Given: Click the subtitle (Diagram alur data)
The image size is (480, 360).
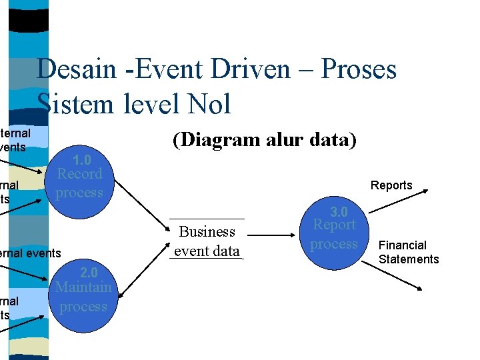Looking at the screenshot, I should (265, 140).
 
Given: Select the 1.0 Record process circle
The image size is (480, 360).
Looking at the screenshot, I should (79, 182).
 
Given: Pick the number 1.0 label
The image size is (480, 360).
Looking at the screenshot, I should (81, 160).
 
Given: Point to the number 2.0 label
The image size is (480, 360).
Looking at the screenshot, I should (88, 273).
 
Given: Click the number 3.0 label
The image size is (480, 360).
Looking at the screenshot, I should (339, 212).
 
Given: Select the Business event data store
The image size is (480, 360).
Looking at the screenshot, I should (207, 241).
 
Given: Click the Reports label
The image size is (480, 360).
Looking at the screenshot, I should (391, 185).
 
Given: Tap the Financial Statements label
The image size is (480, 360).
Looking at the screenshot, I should (409, 252).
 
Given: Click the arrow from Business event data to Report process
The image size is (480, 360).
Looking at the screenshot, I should (270, 235).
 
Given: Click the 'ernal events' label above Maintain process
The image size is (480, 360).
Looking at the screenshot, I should (31, 253).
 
